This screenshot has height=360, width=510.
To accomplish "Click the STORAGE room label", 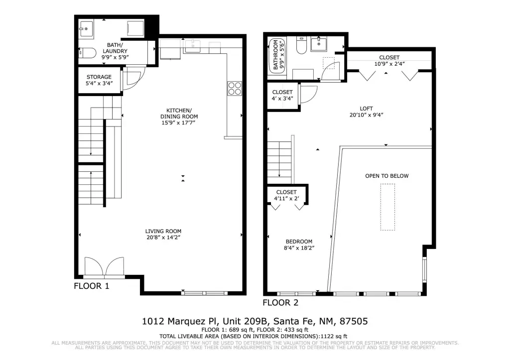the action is tap(99, 77).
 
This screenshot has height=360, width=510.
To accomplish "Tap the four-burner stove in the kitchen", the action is tap(235, 88).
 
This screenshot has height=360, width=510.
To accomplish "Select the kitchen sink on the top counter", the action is tap(193, 46).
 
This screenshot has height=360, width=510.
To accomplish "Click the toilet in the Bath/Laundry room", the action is tap(88, 53).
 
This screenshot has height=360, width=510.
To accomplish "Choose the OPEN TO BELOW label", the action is tap(386, 176).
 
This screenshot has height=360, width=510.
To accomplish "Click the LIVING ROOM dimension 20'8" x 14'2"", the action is tap(163, 238).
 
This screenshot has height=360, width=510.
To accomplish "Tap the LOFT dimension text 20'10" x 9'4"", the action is tap(366, 115).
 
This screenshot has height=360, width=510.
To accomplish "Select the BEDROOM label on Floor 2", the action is tap(299, 241).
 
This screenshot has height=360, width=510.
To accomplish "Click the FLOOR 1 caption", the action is tap(92, 286).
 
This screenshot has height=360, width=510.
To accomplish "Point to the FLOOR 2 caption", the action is tap(280, 303).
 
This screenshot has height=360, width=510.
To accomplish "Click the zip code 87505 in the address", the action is tap(354, 322).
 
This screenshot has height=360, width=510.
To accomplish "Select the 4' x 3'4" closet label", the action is tap(282, 98).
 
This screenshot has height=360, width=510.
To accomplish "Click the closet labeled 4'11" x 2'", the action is tap(286, 195).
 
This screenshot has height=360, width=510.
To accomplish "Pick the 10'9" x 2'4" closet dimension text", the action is tap(389, 64).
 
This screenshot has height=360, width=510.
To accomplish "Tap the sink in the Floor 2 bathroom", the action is tap(318, 44).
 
